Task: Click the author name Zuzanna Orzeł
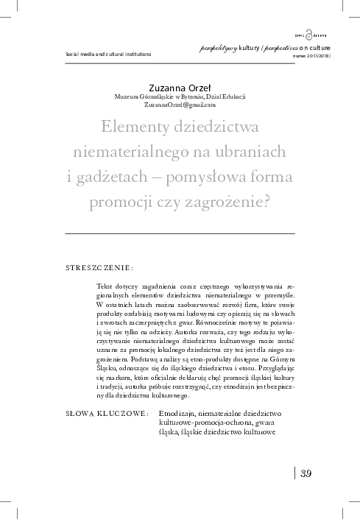180,85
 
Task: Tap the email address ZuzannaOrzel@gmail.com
180,105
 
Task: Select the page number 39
307,472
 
